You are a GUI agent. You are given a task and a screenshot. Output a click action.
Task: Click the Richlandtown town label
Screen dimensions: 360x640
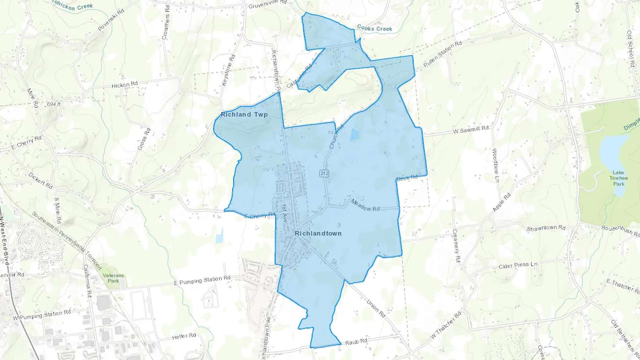pos(318,233)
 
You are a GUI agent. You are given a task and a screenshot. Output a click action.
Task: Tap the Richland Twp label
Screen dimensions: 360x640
pos(244,114)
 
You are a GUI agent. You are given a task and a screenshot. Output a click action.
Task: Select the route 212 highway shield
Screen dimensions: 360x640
pos(324,173)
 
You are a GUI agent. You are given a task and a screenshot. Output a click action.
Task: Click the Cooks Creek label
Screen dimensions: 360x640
pos(374,28)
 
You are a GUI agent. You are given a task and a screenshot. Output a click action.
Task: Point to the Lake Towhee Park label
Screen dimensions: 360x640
pos(618,178)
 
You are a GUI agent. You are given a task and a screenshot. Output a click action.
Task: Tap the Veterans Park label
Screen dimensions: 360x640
pos(113,278)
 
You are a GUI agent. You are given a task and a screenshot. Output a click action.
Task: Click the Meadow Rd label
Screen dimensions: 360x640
pos(366,205)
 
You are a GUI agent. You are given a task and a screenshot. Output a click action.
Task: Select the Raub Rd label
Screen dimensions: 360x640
pos(356,342)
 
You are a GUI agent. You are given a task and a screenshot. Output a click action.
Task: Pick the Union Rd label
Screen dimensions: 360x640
pos(376,308)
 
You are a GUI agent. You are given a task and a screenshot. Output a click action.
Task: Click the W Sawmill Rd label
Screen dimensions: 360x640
pos(471,130)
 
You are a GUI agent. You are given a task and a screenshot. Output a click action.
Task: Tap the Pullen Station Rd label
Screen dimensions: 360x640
pos(443,54)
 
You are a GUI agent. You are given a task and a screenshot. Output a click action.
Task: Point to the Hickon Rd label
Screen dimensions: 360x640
pos(124,85)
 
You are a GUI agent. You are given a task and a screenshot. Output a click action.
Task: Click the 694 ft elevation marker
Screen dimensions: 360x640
pos(54,104)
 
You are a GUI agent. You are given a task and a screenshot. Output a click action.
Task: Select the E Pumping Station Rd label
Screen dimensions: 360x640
pos(202,280)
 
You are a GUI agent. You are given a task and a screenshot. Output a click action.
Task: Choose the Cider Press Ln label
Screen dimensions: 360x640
pos(518,265)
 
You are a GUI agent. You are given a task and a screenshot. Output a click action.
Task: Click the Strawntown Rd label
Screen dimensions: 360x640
pos(546,228)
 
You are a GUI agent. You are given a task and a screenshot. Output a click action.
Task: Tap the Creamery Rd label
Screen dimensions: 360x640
pos(456,246)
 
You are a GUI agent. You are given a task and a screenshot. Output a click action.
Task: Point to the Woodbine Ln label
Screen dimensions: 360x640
pos(495,165)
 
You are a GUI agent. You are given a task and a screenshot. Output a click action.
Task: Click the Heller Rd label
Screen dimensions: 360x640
pos(184,336)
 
